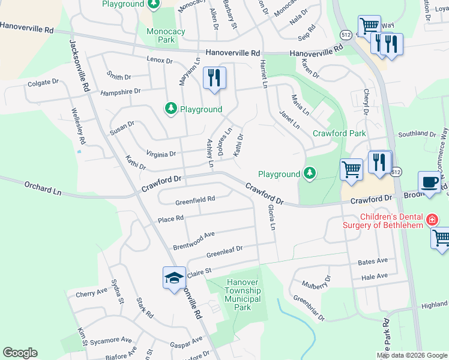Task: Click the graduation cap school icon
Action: click(174, 278)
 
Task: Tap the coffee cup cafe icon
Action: click(429, 182)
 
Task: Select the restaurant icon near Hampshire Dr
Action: click(214, 78)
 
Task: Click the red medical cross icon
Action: click(430, 221)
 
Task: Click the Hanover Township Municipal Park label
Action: click(242, 295)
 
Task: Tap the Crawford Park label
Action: click(339, 133)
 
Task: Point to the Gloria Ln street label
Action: click(272, 218)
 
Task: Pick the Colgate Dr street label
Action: click(43, 82)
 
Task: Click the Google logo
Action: click(20, 353)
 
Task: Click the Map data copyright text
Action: click(412, 355)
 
